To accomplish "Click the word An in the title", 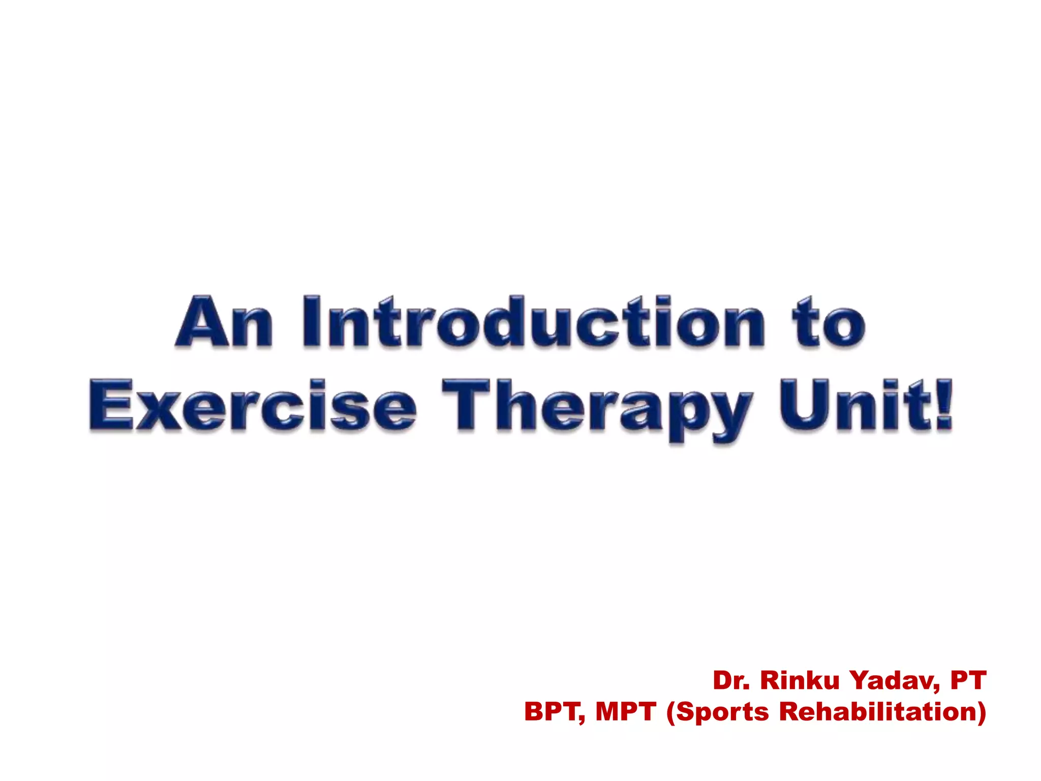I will point(224,322).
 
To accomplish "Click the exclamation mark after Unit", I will point(944,405).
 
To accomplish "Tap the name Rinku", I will point(800,680).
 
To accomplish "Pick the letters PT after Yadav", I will point(968,680).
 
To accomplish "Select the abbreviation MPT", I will point(626,711).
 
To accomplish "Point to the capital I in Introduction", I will point(311,322).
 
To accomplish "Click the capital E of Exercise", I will point(111,405).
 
